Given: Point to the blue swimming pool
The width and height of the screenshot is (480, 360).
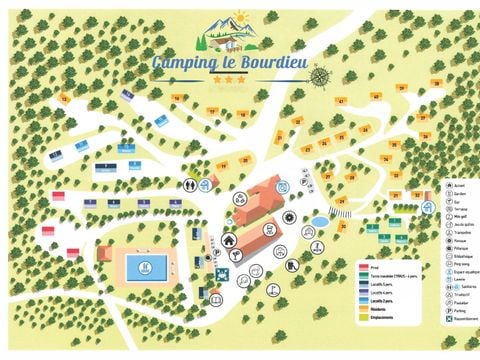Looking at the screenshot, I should point(146,267).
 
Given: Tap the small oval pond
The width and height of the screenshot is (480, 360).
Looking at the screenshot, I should point(318,219).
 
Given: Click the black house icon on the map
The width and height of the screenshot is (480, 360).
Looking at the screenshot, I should point(229,240).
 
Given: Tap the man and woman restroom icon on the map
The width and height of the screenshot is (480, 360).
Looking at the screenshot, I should point(189,185).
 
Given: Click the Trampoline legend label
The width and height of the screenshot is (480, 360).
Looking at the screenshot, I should point(461,234).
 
